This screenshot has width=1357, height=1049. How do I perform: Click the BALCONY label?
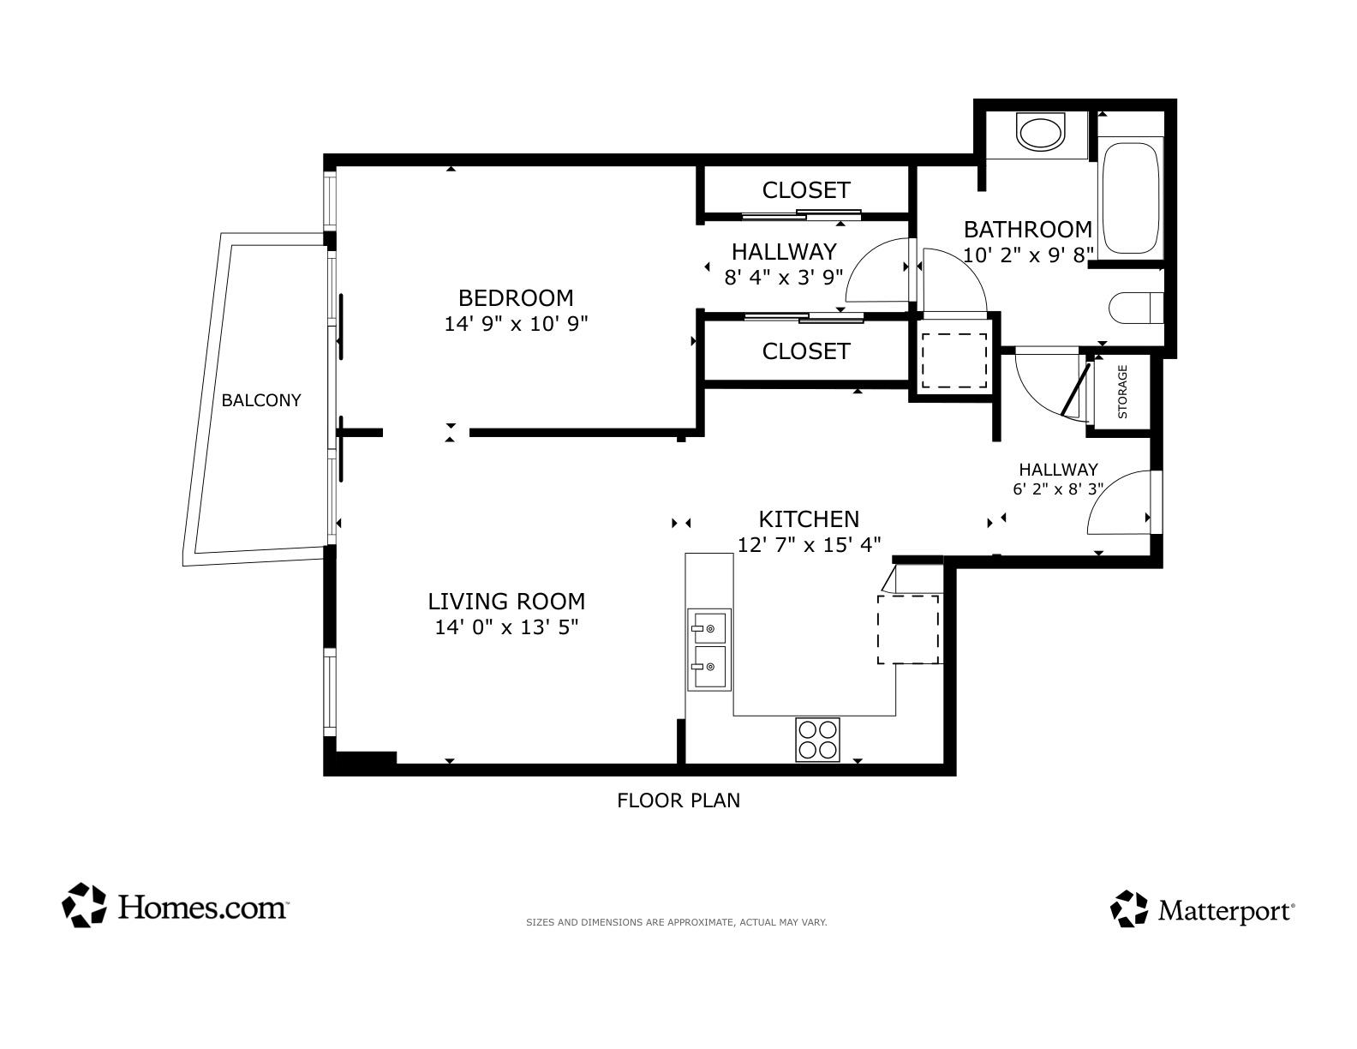pyautogui.click(x=261, y=400)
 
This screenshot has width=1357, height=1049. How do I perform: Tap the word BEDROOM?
pyautogui.click(x=516, y=298)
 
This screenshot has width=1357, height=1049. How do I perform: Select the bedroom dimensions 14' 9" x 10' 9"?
pyautogui.click(x=516, y=324)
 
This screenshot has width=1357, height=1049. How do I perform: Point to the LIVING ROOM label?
pyautogui.click(x=506, y=601)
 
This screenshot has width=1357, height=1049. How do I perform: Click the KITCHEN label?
pyautogui.click(x=809, y=519)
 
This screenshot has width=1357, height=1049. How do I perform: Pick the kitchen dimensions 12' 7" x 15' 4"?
pyautogui.click(x=809, y=545)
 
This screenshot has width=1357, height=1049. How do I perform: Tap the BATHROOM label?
pyautogui.click(x=1028, y=230)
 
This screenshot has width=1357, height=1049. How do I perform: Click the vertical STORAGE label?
pyautogui.click(x=1122, y=392)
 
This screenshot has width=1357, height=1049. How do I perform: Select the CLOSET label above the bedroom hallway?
pyautogui.click(x=806, y=190)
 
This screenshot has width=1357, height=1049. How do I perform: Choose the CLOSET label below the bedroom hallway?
pyautogui.click(x=806, y=351)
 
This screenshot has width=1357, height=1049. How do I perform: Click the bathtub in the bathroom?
pyautogui.click(x=1130, y=197)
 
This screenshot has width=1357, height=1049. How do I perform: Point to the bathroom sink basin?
pyautogui.click(x=1040, y=133)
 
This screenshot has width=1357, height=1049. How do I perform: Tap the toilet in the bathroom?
pyautogui.click(x=1136, y=308)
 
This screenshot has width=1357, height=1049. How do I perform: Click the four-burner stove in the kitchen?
pyautogui.click(x=817, y=740)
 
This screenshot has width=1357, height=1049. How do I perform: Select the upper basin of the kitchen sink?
pyautogui.click(x=708, y=628)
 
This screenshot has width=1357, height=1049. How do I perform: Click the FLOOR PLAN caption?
pyautogui.click(x=678, y=800)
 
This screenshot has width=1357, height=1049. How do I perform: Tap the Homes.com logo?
pyautogui.click(x=175, y=905)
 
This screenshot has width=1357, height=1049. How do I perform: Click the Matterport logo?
pyautogui.click(x=1202, y=909)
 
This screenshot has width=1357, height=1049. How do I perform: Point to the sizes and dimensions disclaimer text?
pyautogui.click(x=676, y=922)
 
